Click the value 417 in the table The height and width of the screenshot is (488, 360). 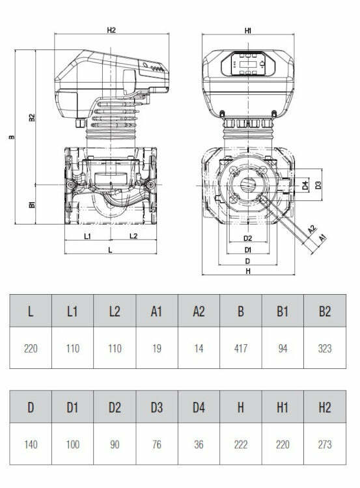pos(241,348)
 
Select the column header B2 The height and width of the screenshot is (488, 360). pos(325,311)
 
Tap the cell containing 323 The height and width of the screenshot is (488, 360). pos(325,348)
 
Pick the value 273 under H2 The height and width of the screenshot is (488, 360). pos(325,444)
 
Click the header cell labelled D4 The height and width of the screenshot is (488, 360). pos(199,408)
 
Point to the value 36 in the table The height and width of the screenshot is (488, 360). pos(199,444)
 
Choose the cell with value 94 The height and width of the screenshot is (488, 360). pos(283,348)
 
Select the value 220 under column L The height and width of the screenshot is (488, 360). pos(31,348)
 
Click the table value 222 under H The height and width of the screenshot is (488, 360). pos(241,444)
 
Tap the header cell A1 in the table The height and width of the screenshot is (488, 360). pos(156,311)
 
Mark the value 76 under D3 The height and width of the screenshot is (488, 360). pos(156,444)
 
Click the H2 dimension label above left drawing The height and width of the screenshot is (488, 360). pos(111,30)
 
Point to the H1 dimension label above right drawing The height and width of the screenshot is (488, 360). pos(248,30)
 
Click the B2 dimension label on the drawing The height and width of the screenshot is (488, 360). pos(31,118)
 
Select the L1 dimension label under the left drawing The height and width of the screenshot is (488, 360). pos(88,236)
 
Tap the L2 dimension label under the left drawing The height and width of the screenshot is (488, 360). pos(133,236)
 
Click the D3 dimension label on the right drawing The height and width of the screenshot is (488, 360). pos(318,185)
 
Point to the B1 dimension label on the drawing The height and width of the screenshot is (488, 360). pos(31,205)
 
